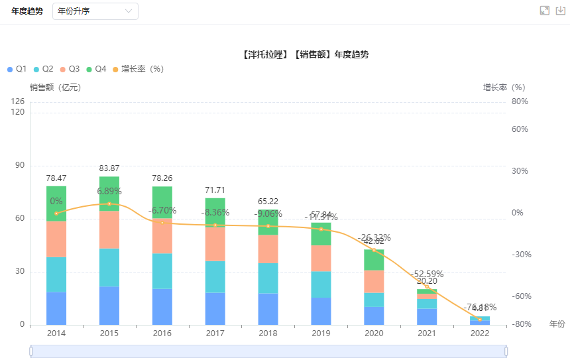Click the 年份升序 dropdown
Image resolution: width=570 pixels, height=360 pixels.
[95, 11]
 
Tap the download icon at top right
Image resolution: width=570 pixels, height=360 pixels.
[561, 11]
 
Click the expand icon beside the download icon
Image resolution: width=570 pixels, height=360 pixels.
[545, 11]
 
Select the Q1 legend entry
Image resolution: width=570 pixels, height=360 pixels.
[17, 69]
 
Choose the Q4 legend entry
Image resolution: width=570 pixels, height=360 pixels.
[96, 69]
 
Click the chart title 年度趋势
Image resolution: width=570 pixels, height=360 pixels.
[306, 54]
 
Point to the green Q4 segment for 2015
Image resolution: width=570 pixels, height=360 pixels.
[109, 193]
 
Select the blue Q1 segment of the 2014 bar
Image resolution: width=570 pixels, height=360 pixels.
[56, 308]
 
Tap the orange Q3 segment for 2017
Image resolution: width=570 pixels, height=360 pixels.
[215, 244]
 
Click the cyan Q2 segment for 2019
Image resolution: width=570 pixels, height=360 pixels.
[321, 284]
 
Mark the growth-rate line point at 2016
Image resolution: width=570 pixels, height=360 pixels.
[162, 222]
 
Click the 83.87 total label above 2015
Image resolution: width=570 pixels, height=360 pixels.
[109, 168]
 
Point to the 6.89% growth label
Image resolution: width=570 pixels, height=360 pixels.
[109, 191]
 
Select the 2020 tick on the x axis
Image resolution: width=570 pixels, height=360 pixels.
[374, 333]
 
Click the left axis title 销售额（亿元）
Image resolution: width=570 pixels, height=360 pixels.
[56, 88]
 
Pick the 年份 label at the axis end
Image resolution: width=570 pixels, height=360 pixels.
[557, 324]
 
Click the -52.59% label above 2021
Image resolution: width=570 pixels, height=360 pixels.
[427, 274]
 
